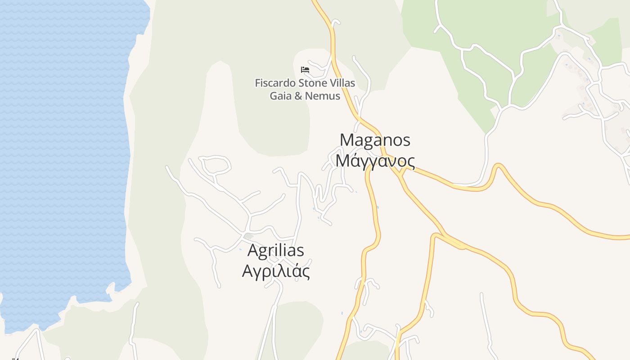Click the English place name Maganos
click(375, 140)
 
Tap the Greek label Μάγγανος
click(375, 161)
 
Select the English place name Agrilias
click(276, 250)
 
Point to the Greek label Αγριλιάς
click(276, 271)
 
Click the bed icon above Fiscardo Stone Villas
click(305, 70)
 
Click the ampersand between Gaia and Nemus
click(297, 96)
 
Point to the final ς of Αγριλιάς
click(306, 272)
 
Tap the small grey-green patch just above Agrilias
click(248, 236)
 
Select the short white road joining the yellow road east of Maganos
click(468, 185)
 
